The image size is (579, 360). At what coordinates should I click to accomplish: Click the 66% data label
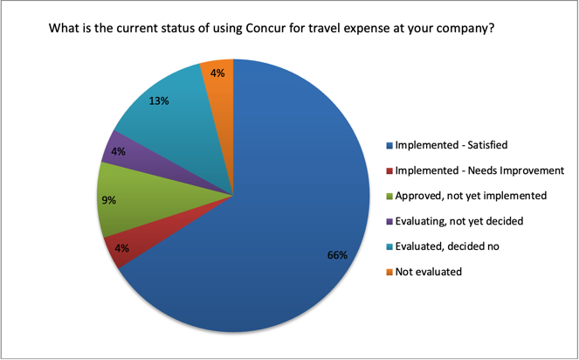[337, 255]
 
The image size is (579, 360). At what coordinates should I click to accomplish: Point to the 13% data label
[159, 100]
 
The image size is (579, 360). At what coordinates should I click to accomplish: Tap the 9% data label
[109, 200]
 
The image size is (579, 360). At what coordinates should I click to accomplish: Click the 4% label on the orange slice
[217, 73]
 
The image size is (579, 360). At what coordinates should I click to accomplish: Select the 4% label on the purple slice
[118, 151]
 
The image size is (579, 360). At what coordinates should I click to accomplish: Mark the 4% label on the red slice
[122, 248]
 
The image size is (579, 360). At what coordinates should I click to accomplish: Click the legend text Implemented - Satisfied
[451, 145]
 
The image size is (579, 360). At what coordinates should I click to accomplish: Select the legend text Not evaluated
[428, 272]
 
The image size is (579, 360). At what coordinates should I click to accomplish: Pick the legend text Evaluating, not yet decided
[459, 221]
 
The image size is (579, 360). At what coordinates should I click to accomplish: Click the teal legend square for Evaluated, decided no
[389, 247]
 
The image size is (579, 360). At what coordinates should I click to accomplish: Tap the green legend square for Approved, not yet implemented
[389, 197]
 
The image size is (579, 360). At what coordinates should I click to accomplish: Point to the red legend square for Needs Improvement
[389, 171]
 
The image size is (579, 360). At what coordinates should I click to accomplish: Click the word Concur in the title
[263, 28]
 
